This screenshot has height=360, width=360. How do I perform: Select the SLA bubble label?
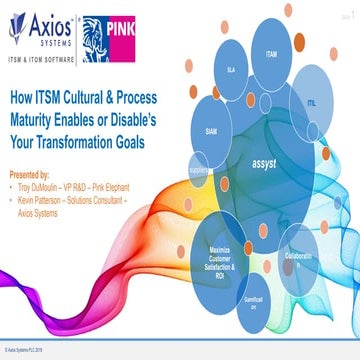tap(230, 72)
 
